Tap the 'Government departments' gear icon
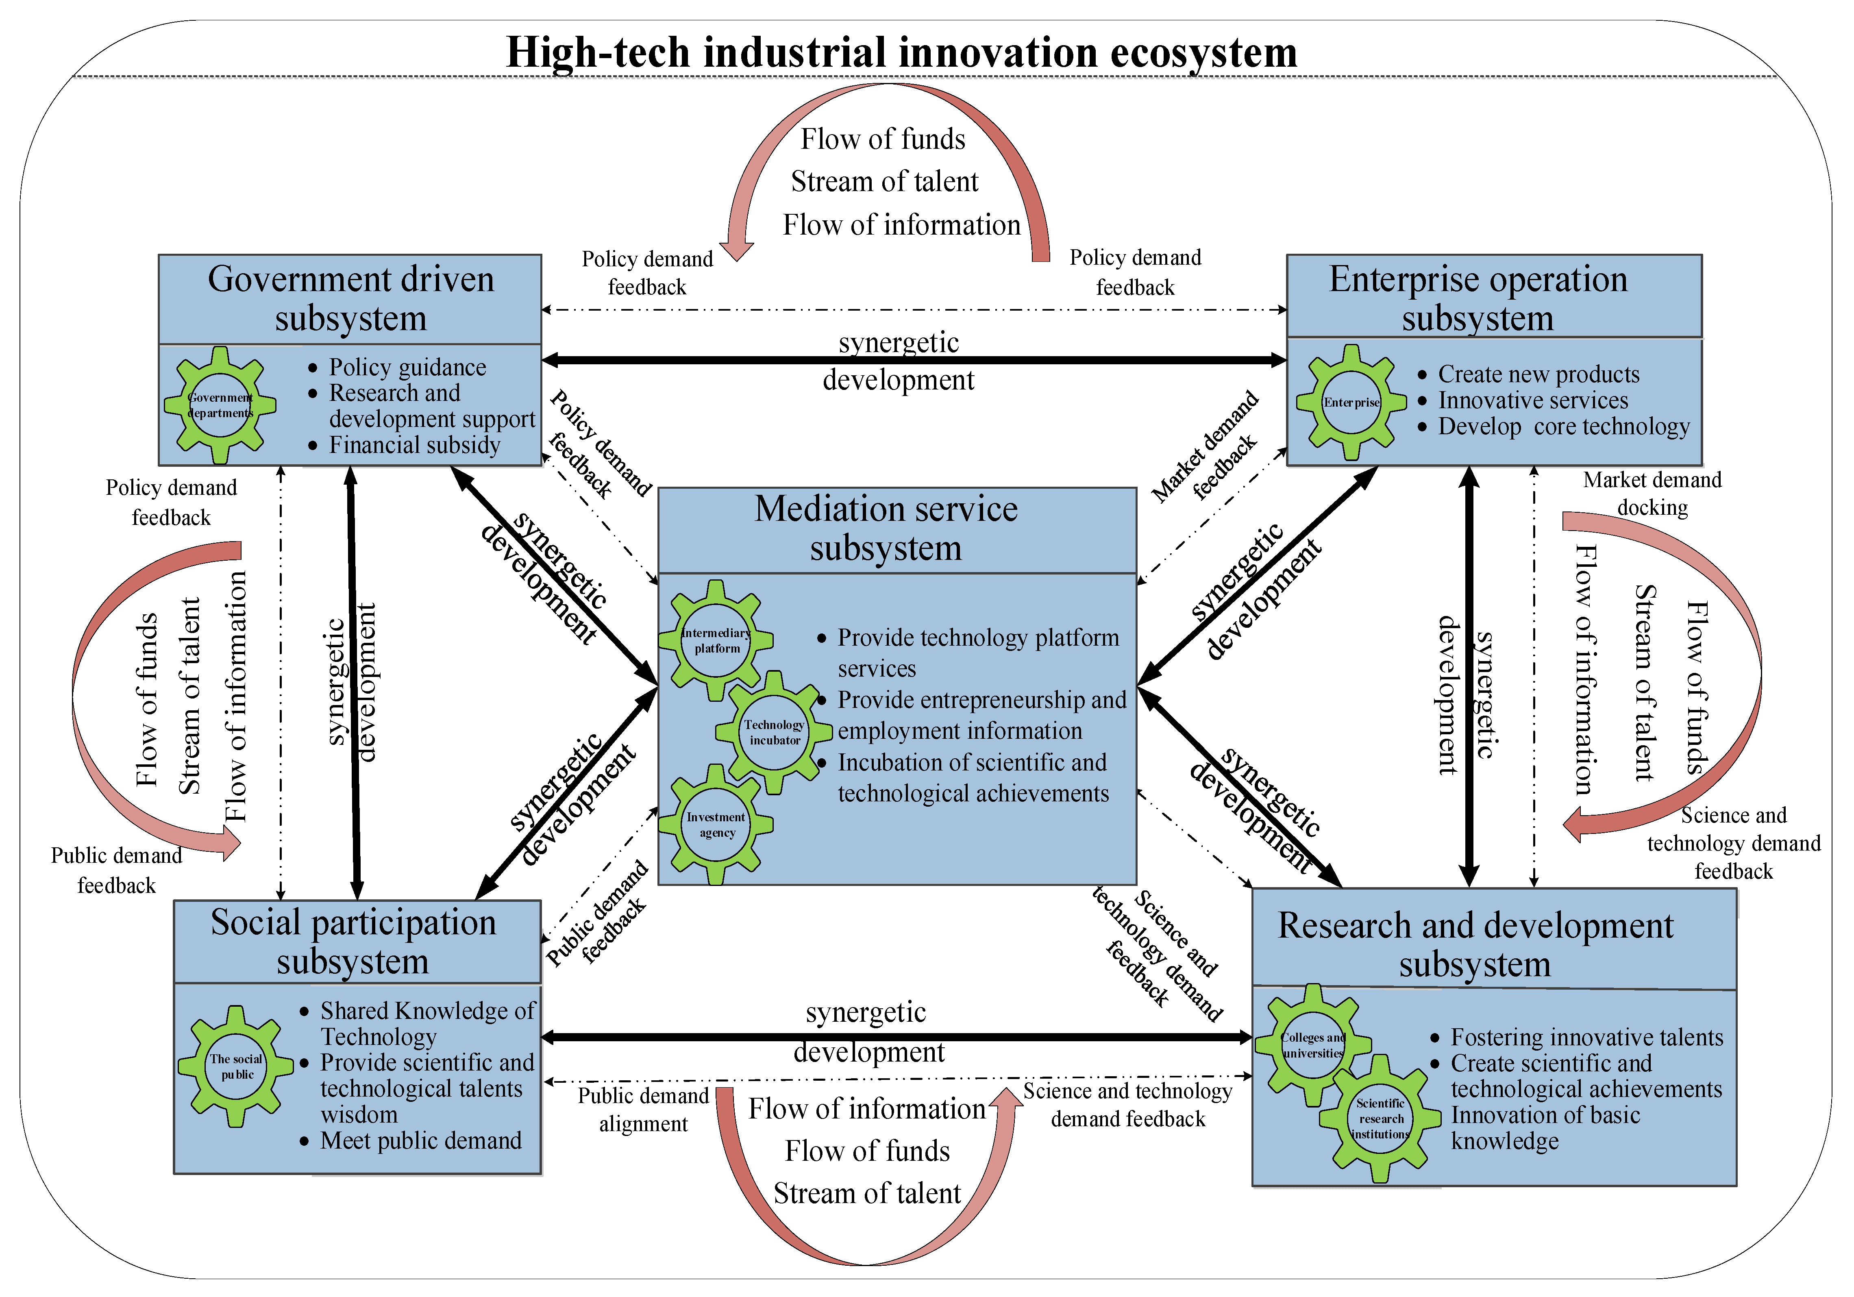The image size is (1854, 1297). click(220, 405)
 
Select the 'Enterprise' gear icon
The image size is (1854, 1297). click(1351, 402)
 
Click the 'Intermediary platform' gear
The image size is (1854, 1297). click(716, 640)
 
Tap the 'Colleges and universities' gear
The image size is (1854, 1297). click(1313, 1045)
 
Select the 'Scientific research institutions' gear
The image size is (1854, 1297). click(1380, 1119)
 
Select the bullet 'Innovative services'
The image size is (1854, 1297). click(1533, 400)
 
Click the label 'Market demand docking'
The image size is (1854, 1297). click(1652, 494)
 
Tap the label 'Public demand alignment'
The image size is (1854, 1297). click(644, 1110)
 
